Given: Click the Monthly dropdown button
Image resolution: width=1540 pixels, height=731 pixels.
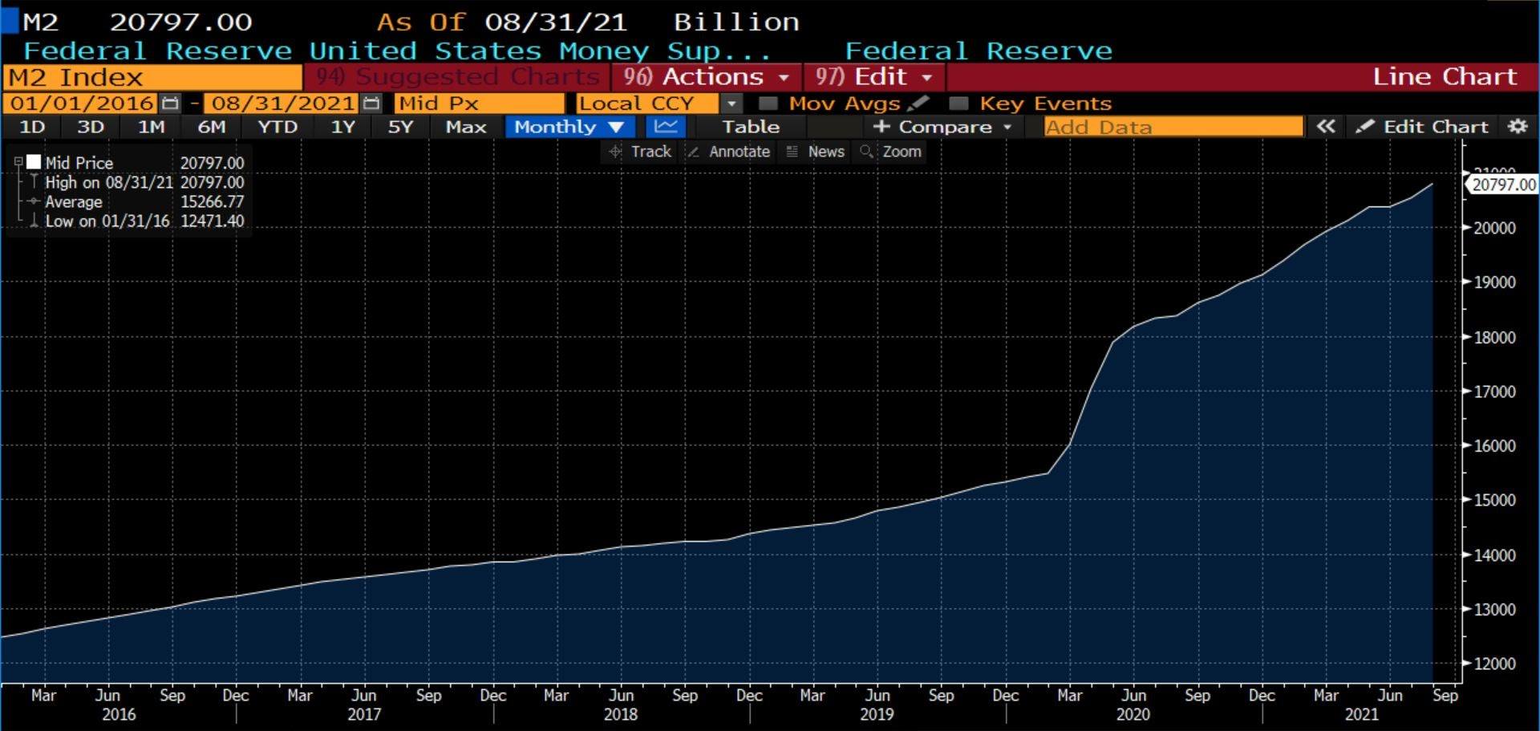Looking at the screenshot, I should pos(569,127).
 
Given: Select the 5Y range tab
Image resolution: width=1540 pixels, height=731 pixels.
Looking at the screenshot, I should pos(399,127).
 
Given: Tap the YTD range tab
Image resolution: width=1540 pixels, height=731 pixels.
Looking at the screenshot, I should pos(277,127).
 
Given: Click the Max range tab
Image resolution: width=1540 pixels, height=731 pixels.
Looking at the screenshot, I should pos(465,127).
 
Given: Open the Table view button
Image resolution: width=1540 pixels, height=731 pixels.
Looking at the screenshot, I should pos(750,127).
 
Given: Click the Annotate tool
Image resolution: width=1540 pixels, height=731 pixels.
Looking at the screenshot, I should pos(729,152).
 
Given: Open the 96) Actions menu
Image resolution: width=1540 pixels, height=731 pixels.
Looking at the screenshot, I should pos(706,77).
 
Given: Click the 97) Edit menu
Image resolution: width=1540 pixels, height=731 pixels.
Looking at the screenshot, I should pos(873,77).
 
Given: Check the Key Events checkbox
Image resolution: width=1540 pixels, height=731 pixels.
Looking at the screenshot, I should pos(958,104).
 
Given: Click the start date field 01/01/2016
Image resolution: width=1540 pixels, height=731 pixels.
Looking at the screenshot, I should pos(83,104).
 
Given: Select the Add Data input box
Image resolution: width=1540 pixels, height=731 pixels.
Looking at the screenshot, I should pos(1173,127).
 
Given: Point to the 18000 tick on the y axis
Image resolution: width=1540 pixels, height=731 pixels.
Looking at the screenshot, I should pos(1494,338).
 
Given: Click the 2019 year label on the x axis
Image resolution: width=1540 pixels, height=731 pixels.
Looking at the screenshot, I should pos(876,714).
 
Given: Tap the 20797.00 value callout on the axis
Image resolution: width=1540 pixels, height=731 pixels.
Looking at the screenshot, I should pos(1503,185).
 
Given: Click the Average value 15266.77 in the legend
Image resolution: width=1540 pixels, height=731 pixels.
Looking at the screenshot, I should pos(212,202).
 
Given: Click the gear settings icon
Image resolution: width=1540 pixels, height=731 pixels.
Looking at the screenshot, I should pos(1518,127).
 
